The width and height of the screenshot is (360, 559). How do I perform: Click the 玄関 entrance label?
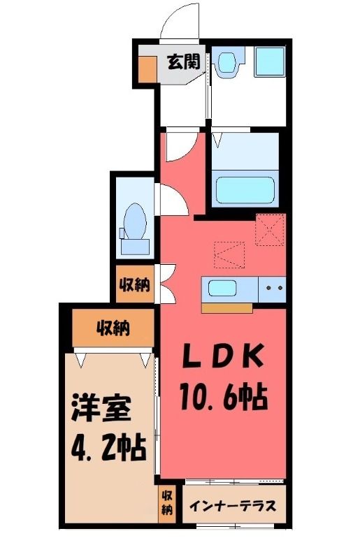click(184, 61)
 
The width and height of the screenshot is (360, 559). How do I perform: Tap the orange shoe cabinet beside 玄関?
click(147, 69)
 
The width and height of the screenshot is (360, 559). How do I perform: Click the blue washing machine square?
click(270, 61)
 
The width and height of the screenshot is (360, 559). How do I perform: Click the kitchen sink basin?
click(222, 288)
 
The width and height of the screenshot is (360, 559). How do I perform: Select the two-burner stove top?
click(272, 289)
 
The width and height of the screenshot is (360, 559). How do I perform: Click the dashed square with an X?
click(271, 229)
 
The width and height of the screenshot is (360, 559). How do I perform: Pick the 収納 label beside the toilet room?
click(134, 284)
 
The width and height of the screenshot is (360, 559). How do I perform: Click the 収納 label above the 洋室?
click(113, 328)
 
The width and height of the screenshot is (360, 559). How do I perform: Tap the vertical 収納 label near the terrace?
click(167, 502)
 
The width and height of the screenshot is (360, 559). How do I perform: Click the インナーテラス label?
click(233, 505)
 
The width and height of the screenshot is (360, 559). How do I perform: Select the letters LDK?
click(224, 356)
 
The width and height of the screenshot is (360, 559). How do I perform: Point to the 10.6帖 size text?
click(224, 396)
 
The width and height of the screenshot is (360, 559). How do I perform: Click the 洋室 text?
click(102, 409)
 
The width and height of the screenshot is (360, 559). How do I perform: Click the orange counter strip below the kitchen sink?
click(227, 308)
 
